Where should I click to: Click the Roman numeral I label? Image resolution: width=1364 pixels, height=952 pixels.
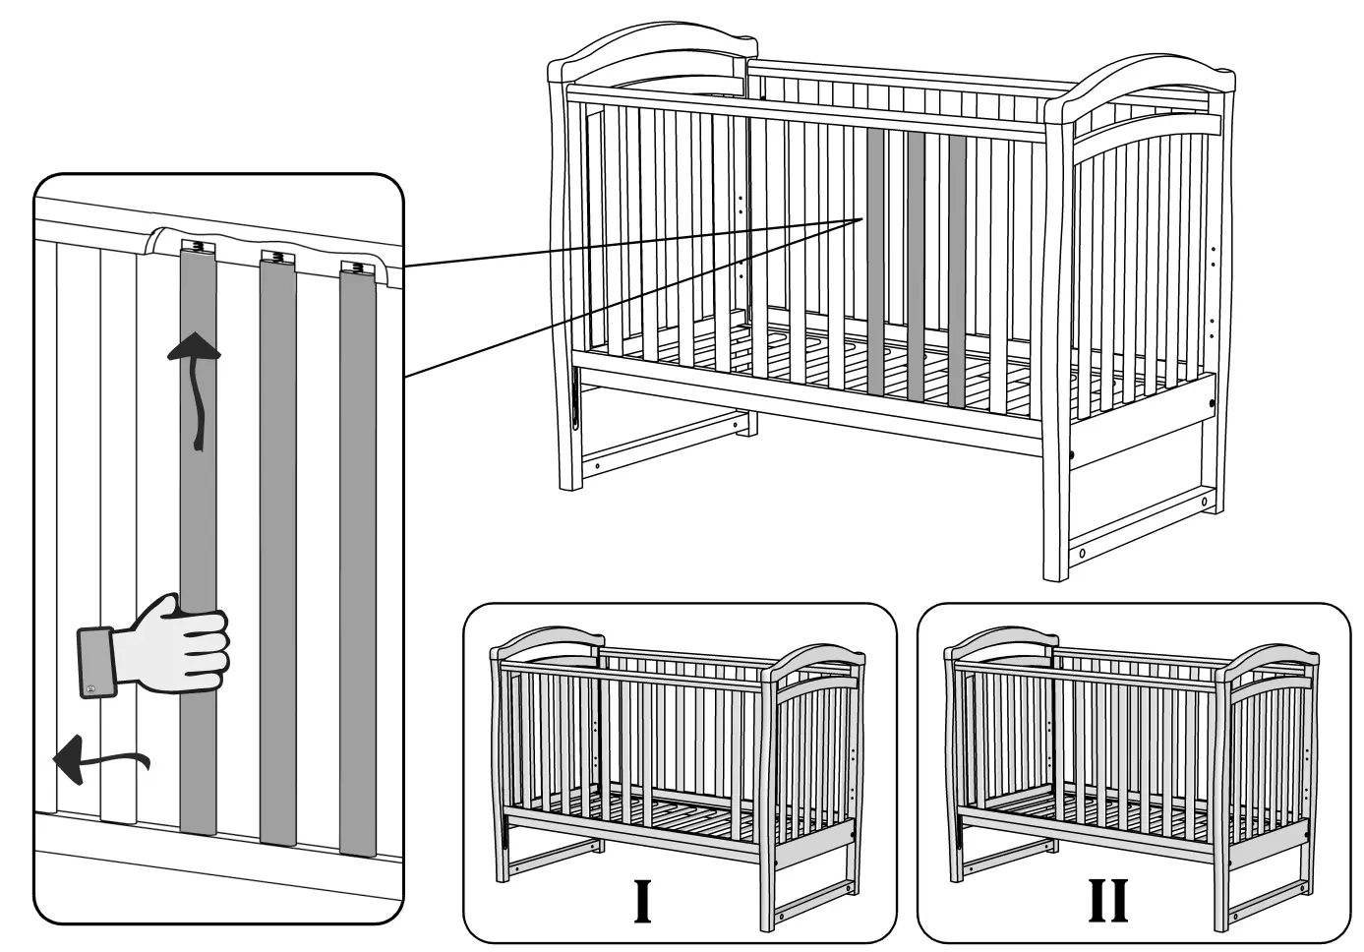tap(643, 900)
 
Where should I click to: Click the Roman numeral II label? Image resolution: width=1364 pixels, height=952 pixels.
tap(1108, 900)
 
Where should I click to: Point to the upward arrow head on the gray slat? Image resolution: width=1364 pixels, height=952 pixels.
tap(194, 346)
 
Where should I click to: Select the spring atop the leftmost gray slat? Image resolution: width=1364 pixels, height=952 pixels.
tap(198, 246)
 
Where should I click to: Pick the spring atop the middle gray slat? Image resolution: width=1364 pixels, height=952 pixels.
tap(277, 255)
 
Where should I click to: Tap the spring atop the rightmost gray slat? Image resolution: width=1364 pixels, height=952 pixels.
tap(357, 267)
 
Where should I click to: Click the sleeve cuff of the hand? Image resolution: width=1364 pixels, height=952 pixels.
tap(96, 662)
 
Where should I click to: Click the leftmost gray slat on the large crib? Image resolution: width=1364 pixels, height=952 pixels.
tap(875, 262)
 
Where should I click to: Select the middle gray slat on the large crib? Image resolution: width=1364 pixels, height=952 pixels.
tap(916, 267)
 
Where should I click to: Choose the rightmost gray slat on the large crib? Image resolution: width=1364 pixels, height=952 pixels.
tap(957, 270)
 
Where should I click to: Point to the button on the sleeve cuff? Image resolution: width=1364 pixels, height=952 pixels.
tap(90, 688)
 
